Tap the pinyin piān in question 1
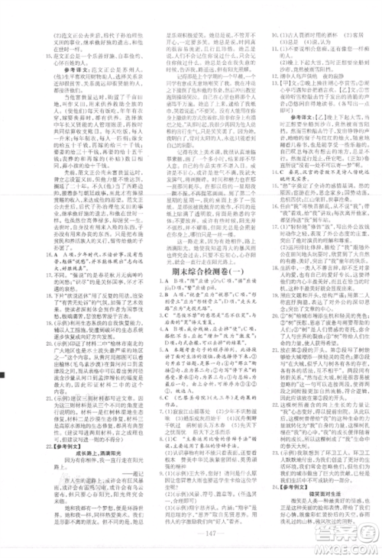click(x=229, y=295)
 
